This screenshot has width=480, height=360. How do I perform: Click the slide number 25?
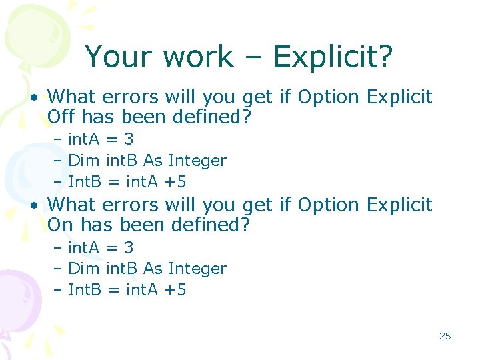point(445,336)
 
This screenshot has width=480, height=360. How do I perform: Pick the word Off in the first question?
point(61,118)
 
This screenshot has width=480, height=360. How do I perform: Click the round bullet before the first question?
point(33,98)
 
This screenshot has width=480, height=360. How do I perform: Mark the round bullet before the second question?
point(33,205)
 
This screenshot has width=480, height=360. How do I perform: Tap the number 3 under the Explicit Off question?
point(129,139)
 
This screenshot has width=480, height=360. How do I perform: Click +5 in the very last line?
point(175,290)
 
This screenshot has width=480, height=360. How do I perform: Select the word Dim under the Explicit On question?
point(84,269)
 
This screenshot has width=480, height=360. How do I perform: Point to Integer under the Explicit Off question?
point(197,161)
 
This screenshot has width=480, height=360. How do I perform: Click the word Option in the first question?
point(328,97)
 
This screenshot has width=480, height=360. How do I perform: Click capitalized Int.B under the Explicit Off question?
point(87,182)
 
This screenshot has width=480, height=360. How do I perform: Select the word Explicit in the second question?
point(399,205)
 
